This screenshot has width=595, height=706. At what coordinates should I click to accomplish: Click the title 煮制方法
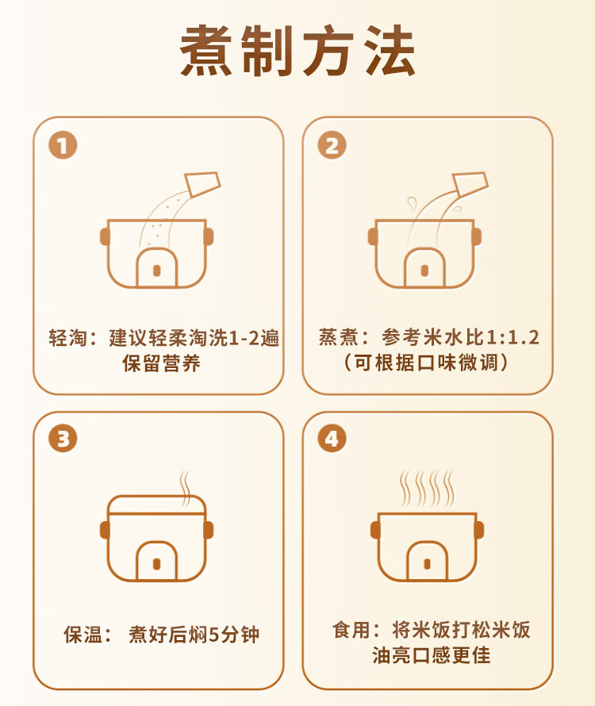click(x=297, y=51)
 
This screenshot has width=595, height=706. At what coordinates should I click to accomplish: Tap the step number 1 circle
click(x=63, y=145)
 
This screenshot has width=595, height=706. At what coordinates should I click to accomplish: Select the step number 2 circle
click(x=332, y=145)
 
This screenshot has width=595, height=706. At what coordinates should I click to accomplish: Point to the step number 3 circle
click(x=63, y=439)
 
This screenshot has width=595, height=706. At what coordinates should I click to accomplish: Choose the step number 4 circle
click(x=332, y=439)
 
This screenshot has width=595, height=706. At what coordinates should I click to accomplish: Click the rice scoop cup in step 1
click(x=202, y=184)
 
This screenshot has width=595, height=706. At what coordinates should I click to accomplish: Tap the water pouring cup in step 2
click(x=470, y=184)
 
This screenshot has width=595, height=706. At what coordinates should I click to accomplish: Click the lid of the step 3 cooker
click(x=157, y=505)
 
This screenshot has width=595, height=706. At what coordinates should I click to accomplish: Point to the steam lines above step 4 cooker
click(x=427, y=489)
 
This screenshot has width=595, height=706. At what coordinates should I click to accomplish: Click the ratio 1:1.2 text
click(x=512, y=337)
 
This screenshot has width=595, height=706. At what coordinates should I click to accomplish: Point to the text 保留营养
click(x=161, y=363)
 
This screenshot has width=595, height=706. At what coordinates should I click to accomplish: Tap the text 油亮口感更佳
click(x=431, y=655)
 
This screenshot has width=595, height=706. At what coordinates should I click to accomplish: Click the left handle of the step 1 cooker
click(x=105, y=236)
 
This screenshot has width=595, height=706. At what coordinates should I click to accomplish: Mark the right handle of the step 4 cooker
click(x=479, y=530)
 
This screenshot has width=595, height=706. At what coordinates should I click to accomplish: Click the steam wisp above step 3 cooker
click(x=185, y=489)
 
